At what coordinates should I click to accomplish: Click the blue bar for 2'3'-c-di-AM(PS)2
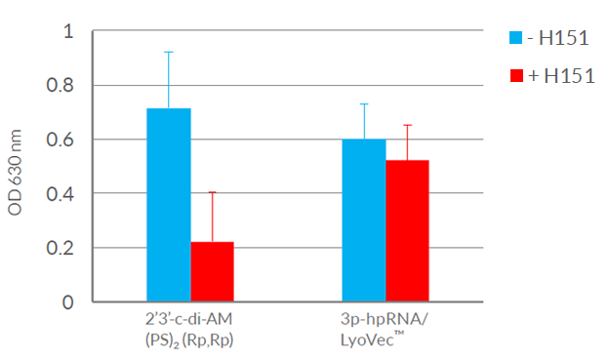point(168,205)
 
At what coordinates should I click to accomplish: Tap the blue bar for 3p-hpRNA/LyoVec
point(363,220)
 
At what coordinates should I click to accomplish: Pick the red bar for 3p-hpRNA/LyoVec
point(407,230)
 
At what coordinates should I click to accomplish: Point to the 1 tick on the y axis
point(68,31)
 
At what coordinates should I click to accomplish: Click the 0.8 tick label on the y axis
point(62,85)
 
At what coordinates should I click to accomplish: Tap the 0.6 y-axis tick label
point(62,140)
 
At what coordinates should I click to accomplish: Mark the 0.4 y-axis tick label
point(62,193)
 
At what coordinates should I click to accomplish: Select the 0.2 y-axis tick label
point(62,248)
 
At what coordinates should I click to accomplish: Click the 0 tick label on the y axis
point(68,301)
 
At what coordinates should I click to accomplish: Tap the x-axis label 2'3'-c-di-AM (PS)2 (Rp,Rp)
point(189,330)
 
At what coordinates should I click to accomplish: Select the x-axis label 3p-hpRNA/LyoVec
point(386,330)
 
